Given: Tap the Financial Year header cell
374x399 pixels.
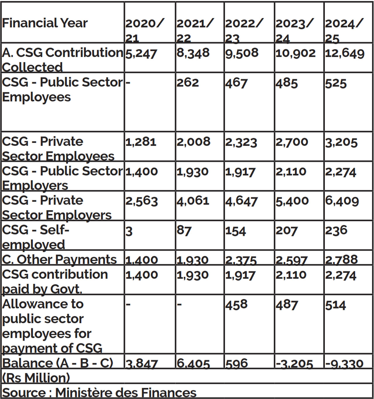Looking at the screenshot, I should pyautogui.click(x=45, y=23).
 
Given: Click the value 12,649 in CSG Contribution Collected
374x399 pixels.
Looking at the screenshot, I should pyautogui.click(x=345, y=53).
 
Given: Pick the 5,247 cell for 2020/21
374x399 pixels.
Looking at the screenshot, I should pyautogui.click(x=141, y=54).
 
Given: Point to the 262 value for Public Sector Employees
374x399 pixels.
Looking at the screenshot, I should pyautogui.click(x=188, y=83).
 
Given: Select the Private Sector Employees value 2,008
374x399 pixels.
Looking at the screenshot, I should pyautogui.click(x=193, y=142).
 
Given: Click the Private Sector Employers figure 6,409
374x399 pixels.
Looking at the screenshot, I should pyautogui.click(x=342, y=201).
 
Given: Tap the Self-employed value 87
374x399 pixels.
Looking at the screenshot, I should pyautogui.click(x=184, y=231).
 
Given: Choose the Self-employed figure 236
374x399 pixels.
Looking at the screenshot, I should pyautogui.click(x=336, y=231).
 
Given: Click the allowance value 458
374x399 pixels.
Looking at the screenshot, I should pyautogui.click(x=236, y=305).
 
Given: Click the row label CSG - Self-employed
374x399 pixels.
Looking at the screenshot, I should pyautogui.click(x=36, y=237).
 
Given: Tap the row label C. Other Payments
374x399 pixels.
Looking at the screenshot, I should pyautogui.click(x=59, y=259).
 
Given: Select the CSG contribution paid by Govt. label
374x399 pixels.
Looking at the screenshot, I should pyautogui.click(x=55, y=281).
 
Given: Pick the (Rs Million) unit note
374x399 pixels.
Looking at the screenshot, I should pyautogui.click(x=36, y=378).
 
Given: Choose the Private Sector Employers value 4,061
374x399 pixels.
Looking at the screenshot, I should pyautogui.click(x=193, y=201).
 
